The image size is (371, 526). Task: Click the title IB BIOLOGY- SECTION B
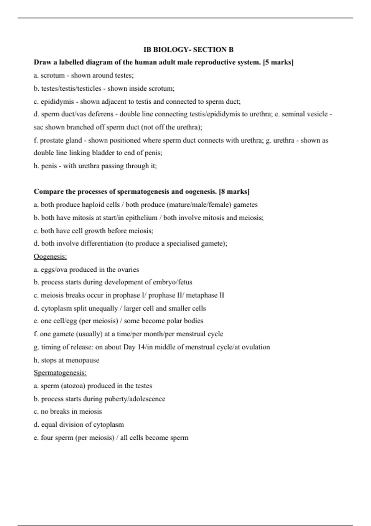pos(189,50)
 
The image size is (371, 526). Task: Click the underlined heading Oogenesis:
pos(50,257)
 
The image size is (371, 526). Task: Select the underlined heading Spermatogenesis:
pos(60,373)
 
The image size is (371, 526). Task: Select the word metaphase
pos(202,295)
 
